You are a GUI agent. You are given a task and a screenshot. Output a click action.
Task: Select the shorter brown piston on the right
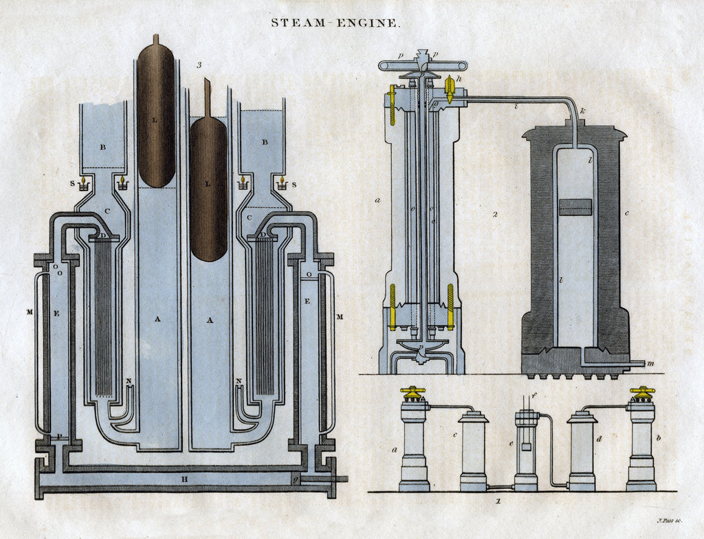click(x=208, y=189)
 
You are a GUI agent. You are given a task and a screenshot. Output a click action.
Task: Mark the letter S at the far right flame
click(x=295, y=184)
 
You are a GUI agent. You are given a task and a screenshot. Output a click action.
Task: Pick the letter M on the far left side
click(x=30, y=313)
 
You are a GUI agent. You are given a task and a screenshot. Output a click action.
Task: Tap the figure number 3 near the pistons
click(x=198, y=65)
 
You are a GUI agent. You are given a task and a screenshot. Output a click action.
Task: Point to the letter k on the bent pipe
click(x=582, y=110)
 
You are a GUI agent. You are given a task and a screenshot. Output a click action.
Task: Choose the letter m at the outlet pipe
click(x=650, y=362)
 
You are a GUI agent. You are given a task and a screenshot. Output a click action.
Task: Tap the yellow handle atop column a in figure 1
click(x=414, y=393)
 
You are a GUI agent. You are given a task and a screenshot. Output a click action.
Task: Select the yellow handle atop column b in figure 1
click(x=642, y=393)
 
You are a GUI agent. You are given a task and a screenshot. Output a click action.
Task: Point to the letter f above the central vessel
click(x=533, y=397)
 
